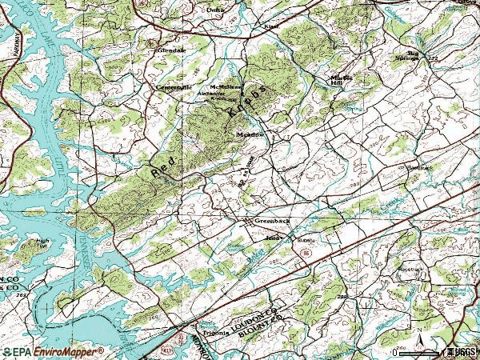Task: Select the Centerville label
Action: pyautogui.click(x=174, y=86)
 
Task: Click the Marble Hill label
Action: pyautogui.click(x=342, y=80)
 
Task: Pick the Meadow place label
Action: pyautogui.click(x=250, y=135)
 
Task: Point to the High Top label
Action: pyautogui.click(x=42, y=243)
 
